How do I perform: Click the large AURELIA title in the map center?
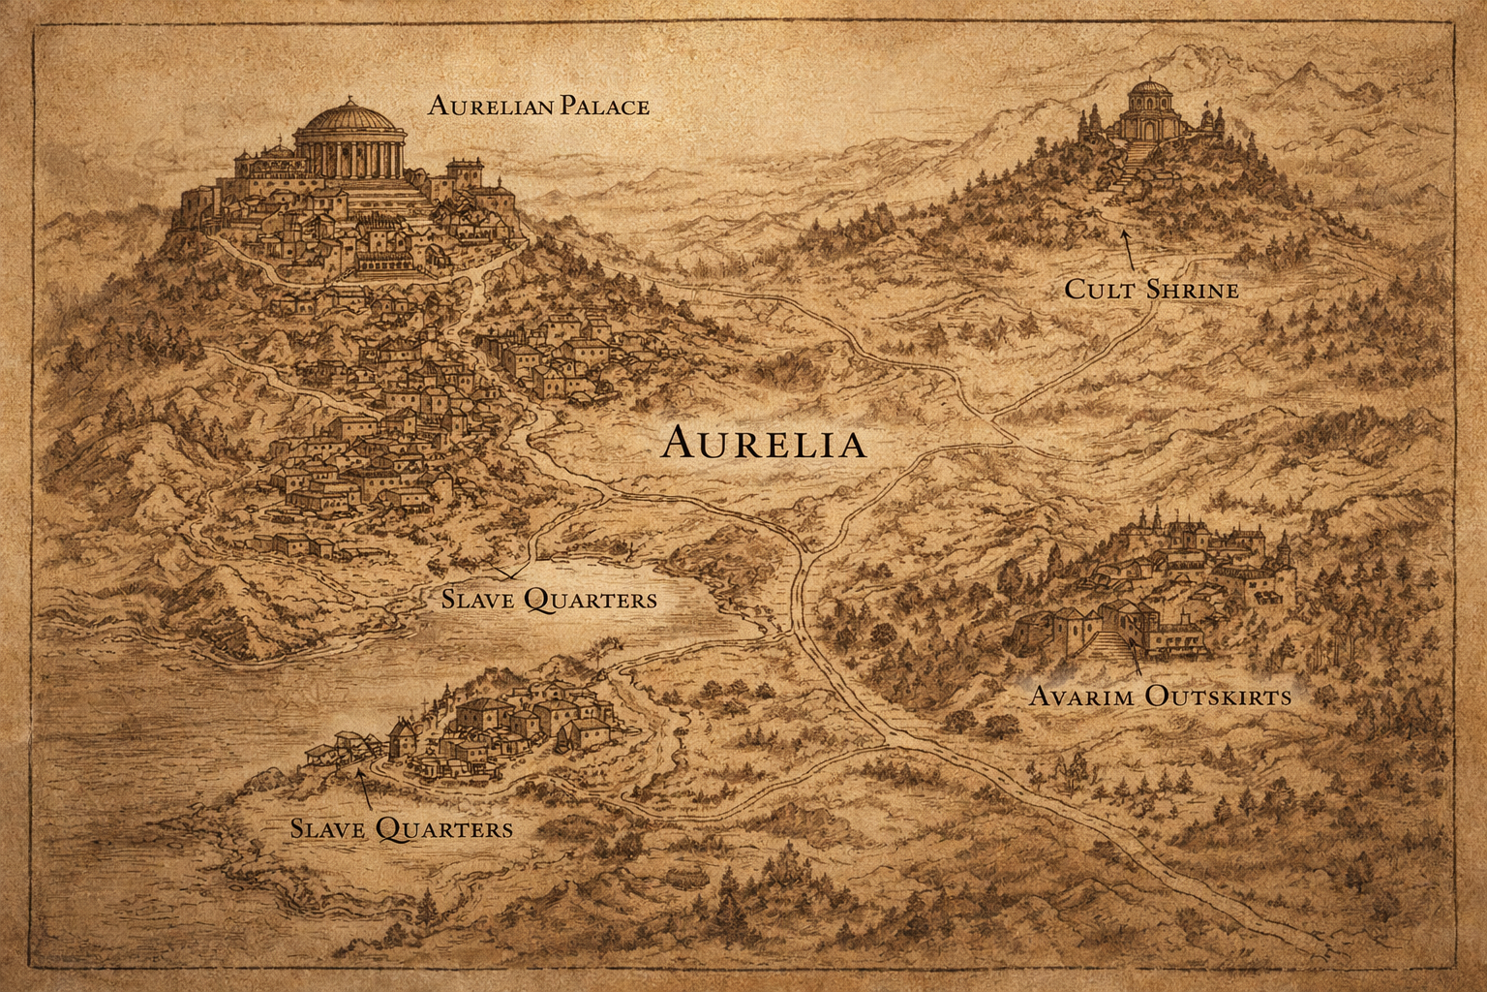(x=764, y=444)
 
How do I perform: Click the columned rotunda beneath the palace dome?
(x=349, y=155)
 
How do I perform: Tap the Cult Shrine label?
(x=1151, y=289)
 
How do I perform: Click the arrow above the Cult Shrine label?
(x=1128, y=250)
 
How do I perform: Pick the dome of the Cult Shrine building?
(x=1148, y=94)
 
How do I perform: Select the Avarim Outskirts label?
(x=1159, y=696)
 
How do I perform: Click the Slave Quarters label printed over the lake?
(x=549, y=599)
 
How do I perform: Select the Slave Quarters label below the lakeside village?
(x=402, y=828)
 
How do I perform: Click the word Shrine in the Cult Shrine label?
(x=1192, y=289)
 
